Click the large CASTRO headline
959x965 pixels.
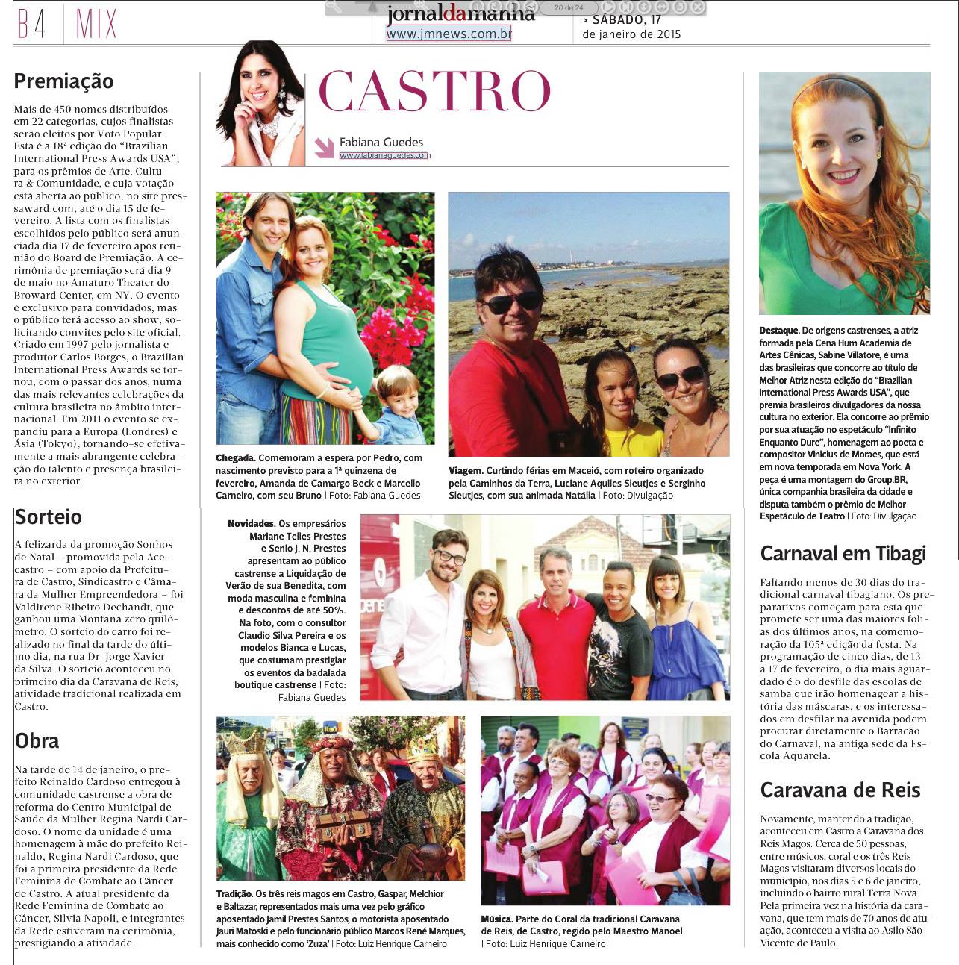pyautogui.click(x=434, y=92)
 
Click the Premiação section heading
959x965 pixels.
pyautogui.click(x=63, y=81)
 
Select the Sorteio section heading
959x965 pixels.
pyautogui.click(x=49, y=516)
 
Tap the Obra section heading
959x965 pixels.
pyautogui.click(x=37, y=740)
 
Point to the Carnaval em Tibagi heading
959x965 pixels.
pyautogui.click(x=843, y=554)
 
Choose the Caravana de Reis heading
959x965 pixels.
pyautogui.click(x=840, y=790)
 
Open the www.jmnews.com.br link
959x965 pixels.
pyautogui.click(x=449, y=34)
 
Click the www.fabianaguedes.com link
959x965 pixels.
pyautogui.click(x=384, y=156)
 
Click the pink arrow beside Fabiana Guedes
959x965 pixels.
pyautogui.click(x=324, y=147)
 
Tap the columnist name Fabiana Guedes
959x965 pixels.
pyautogui.click(x=381, y=142)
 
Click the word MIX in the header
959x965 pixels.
pyautogui.click(x=96, y=24)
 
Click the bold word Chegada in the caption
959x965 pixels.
pyautogui.click(x=235, y=458)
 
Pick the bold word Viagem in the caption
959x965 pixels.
pyautogui.click(x=464, y=471)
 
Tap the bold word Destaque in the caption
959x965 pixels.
pyautogui.click(x=779, y=331)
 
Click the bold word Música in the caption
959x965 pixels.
pyautogui.click(x=496, y=919)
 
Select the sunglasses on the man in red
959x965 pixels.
pyautogui.click(x=511, y=302)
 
